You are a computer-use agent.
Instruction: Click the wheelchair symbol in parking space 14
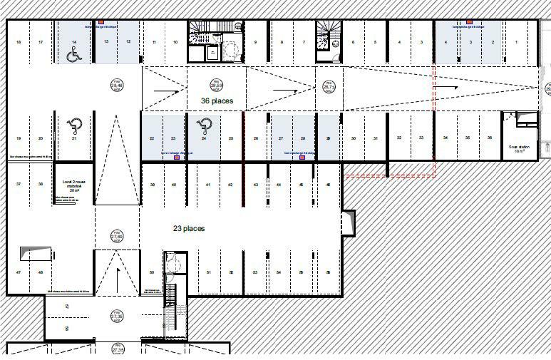coord(73,55)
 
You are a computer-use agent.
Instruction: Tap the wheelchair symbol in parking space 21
coord(74,127)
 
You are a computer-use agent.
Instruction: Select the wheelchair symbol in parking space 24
coord(204,127)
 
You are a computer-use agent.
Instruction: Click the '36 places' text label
coord(217,101)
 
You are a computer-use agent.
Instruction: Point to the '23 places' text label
coord(189,229)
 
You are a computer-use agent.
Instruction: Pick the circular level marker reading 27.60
coord(116,237)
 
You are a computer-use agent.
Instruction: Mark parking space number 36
coord(490,138)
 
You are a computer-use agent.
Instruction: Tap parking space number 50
coord(152,272)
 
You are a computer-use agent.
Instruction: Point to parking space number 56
coord(328,272)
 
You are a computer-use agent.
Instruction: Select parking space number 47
coord(19,272)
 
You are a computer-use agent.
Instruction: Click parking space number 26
coord(255,138)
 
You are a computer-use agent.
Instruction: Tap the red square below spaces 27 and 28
coord(303,157)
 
